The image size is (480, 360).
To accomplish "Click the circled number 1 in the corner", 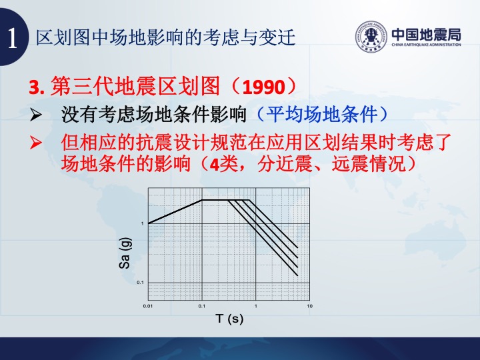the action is (x=11, y=37).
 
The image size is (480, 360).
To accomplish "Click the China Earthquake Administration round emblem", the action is (x=371, y=37).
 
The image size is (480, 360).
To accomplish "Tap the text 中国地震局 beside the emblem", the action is (x=426, y=34).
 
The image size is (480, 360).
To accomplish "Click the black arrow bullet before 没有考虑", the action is (x=36, y=115).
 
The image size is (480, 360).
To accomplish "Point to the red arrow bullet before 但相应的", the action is (x=36, y=143).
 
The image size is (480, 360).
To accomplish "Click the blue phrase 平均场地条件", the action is (x=321, y=115).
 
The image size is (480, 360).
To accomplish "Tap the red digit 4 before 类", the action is (x=214, y=165).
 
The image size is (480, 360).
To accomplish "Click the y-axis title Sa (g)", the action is (x=125, y=253).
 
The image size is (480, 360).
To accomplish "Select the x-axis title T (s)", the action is (x=229, y=319).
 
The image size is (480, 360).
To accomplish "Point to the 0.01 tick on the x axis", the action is (x=148, y=306).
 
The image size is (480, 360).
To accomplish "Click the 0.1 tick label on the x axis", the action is (x=202, y=306).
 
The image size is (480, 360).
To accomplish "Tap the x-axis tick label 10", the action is (x=310, y=306).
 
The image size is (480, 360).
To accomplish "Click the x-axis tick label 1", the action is (x=256, y=306).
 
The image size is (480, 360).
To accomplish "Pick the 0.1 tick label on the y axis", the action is (x=140, y=282).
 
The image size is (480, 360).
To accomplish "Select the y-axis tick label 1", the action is (x=143, y=223).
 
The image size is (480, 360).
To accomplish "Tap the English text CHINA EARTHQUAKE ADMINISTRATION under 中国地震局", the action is (x=426, y=45).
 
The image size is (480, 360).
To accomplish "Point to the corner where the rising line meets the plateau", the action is (x=202, y=200).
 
